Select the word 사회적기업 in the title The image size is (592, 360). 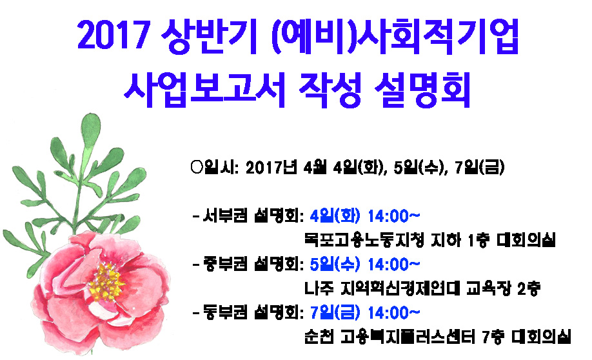tap(438, 35)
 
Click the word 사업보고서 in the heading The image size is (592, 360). tap(204, 90)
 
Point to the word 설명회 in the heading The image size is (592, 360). tap(423, 90)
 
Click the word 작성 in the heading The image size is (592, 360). tap(330, 90)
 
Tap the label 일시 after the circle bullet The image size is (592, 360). tap(220, 167)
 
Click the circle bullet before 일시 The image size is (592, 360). tap(197, 167)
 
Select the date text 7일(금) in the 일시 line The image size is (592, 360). tap(480, 167)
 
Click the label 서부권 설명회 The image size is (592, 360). tap(253, 216)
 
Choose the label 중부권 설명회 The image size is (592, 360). tap(253, 264)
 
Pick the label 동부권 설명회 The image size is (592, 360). tap(253, 312)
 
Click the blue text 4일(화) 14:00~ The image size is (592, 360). tap(365, 216)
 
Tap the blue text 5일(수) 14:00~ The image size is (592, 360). tap(365, 264)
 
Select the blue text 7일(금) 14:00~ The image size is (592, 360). tap(365, 312)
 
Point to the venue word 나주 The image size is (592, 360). tap(319, 288)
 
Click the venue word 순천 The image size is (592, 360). tap(319, 337)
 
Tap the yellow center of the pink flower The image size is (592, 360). tap(106, 282)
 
